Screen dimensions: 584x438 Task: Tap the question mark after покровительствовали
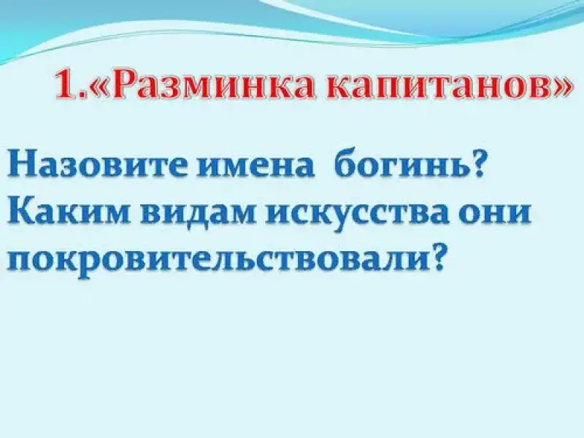click(438, 258)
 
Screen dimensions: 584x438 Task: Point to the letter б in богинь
click(345, 163)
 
